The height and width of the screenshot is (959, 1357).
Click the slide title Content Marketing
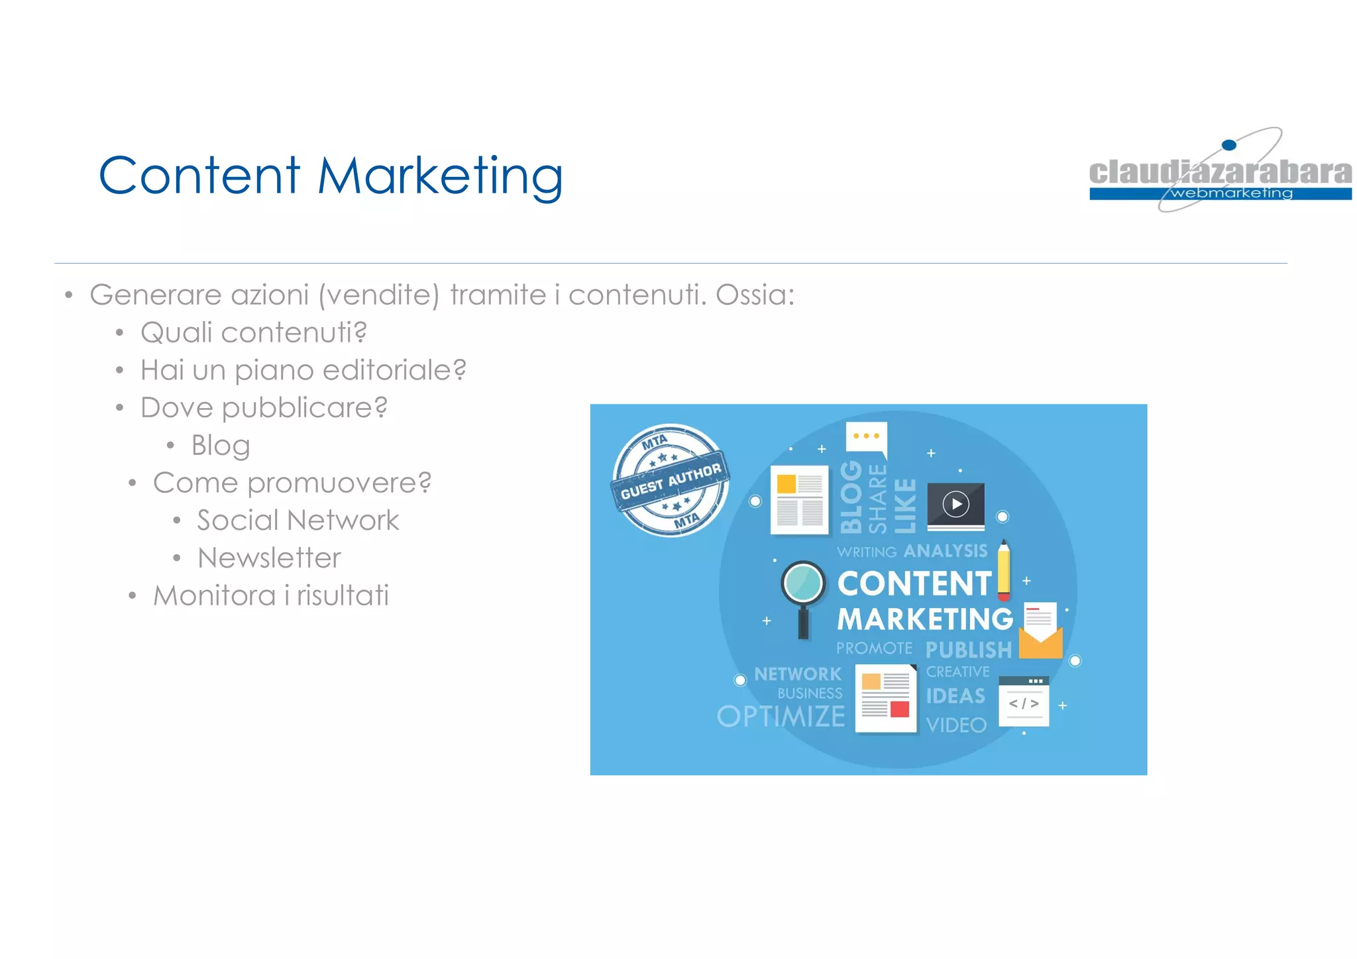(331, 176)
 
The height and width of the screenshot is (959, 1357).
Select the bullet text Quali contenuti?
(254, 332)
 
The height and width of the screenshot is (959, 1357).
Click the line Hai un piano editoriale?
(303, 370)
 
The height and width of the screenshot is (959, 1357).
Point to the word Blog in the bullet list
(221, 446)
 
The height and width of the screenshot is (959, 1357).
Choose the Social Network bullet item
(298, 521)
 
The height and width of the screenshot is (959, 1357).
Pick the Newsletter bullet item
(269, 558)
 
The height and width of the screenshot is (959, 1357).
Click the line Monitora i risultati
(271, 595)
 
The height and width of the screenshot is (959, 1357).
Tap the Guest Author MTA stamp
(670, 480)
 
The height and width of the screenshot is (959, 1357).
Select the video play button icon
(955, 505)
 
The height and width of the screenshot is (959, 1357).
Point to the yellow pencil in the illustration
(1004, 570)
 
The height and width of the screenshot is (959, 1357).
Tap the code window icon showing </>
(1024, 702)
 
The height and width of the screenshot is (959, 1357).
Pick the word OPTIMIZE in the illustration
(781, 717)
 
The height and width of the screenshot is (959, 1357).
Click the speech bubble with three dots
(866, 438)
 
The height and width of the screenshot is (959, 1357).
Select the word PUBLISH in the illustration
(968, 650)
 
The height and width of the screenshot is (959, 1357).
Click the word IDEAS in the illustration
(955, 696)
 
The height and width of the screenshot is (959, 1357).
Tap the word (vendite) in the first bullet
(378, 295)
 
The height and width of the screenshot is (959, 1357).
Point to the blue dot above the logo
(1228, 145)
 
